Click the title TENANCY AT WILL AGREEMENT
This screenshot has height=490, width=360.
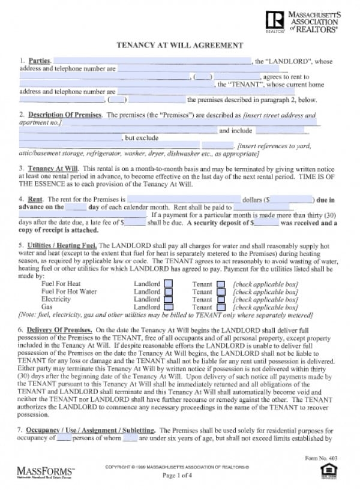click(179, 45)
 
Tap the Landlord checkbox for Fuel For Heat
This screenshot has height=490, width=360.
click(169, 284)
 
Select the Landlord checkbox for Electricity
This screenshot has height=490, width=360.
click(169, 299)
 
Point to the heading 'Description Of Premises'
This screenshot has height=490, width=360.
click(65, 115)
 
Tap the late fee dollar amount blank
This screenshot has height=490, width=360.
click(134, 223)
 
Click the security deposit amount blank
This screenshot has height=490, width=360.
click(266, 223)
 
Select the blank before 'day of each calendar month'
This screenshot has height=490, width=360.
click(76, 207)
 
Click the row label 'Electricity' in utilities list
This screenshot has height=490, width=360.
click(56, 299)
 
